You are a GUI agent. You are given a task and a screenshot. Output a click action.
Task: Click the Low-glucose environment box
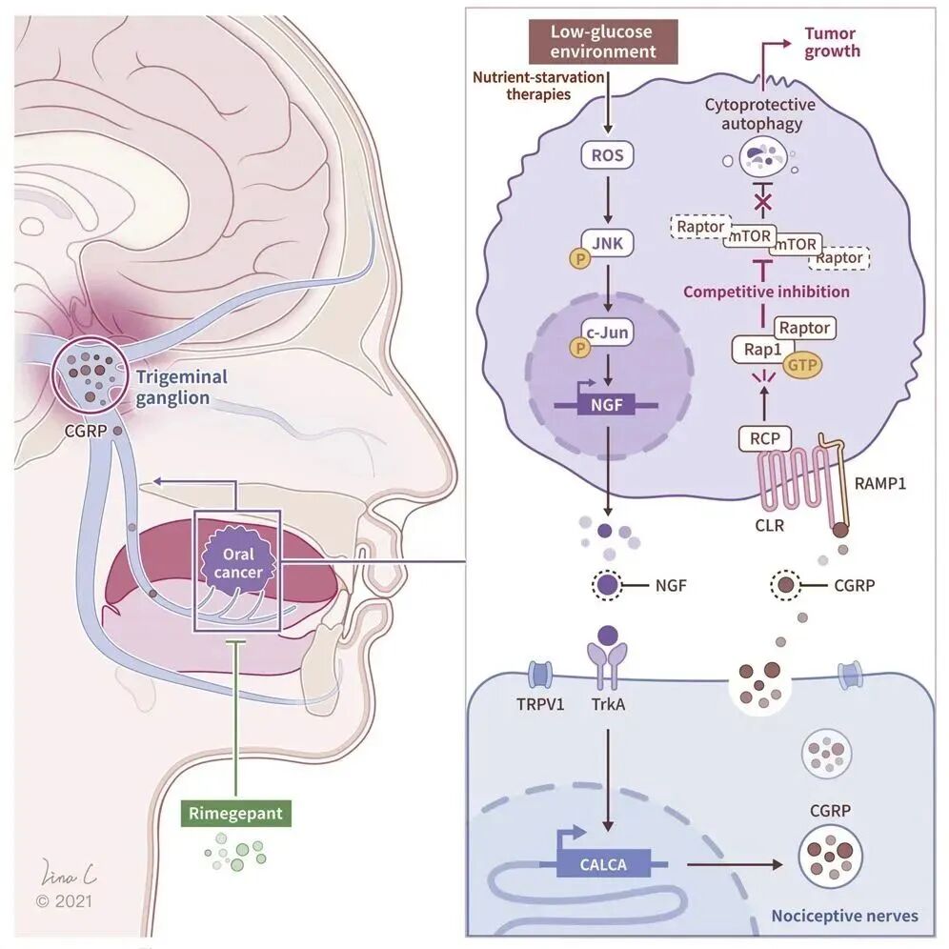click(603, 41)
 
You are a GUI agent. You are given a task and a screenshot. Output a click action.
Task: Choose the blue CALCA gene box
click(604, 865)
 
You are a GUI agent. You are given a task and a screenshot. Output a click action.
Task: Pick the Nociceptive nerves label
click(844, 916)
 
